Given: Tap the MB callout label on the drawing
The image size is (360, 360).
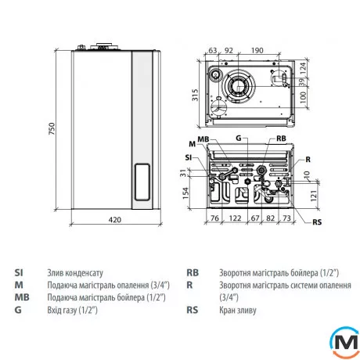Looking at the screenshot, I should click(203, 139).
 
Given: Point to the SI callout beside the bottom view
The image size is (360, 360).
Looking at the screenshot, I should click(188, 157).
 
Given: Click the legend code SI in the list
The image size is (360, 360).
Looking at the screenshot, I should click(19, 272).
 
